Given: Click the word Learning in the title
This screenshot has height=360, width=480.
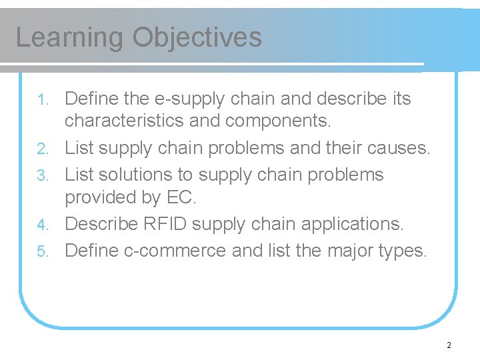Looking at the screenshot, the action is [70, 37].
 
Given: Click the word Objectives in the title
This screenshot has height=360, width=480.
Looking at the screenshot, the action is [197, 37].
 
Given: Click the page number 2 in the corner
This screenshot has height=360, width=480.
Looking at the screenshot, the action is [449, 345].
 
